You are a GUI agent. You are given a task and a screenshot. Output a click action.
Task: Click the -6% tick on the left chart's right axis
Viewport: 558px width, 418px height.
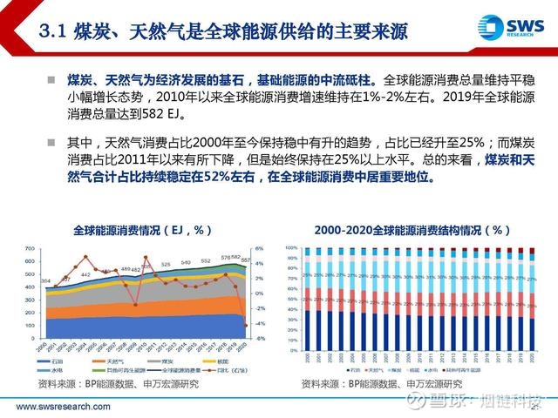point(260,339)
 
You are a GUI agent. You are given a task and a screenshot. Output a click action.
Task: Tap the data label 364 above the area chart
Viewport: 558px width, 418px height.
point(45,280)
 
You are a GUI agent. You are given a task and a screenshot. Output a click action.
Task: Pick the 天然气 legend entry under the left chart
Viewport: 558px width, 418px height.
point(112,360)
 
